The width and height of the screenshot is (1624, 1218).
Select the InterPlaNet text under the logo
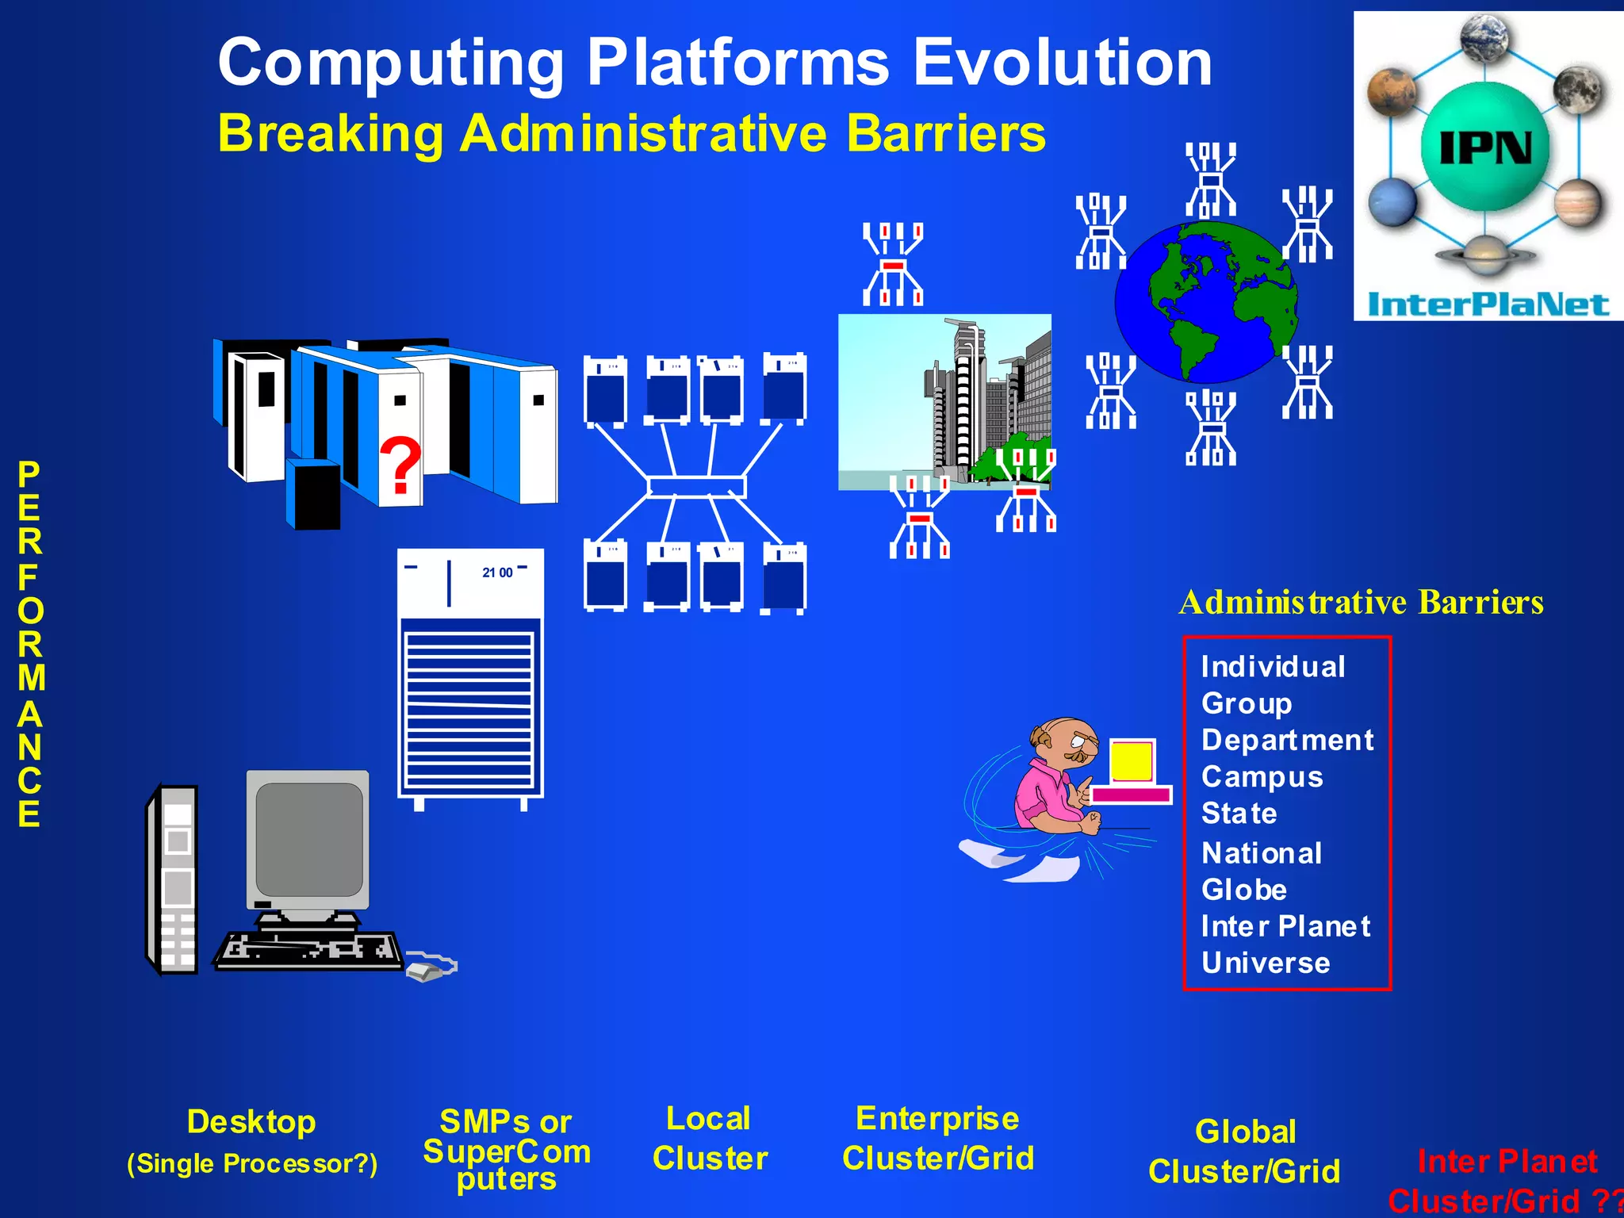pyautogui.click(x=1488, y=304)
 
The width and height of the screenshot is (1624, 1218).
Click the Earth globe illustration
pyautogui.click(x=1206, y=301)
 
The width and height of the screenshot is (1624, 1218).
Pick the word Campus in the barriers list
pyautogui.click(x=1262, y=777)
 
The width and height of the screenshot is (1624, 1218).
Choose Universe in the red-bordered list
pyautogui.click(x=1266, y=963)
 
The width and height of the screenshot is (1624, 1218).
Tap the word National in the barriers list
pyautogui.click(x=1262, y=853)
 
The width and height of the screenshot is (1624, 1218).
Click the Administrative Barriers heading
pyautogui.click(x=1361, y=603)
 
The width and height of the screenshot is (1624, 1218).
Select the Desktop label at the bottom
pyautogui.click(x=251, y=1122)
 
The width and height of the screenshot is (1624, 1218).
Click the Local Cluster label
pyautogui.click(x=710, y=1139)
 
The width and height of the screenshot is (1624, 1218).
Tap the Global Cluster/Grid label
pyautogui.click(x=1244, y=1151)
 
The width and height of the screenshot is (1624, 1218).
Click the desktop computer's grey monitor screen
pyautogui.click(x=309, y=839)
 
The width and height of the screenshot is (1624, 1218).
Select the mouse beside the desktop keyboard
pyautogui.click(x=424, y=971)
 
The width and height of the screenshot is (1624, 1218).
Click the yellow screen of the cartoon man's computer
pyautogui.click(x=1132, y=761)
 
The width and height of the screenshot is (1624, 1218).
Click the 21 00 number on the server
pyautogui.click(x=497, y=573)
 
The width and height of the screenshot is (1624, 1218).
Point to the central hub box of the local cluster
pyautogui.click(x=696, y=486)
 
